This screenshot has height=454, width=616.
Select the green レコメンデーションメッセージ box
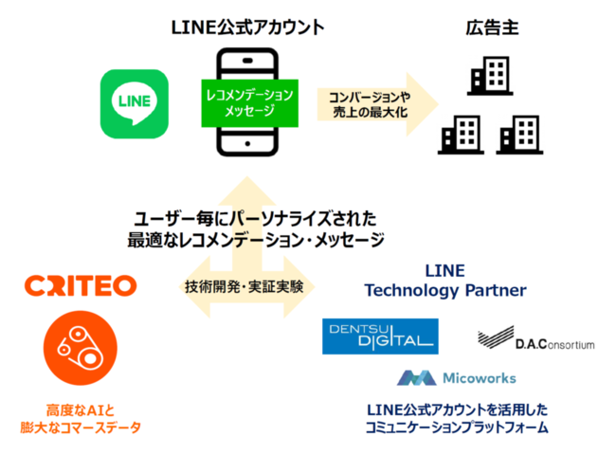point(252,103)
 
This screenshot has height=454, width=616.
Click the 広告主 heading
point(492,27)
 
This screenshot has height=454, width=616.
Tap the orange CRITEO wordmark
point(82,285)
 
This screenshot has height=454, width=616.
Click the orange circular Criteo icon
point(80,348)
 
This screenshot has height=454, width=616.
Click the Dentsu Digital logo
point(380,336)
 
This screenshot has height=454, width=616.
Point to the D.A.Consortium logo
point(536,338)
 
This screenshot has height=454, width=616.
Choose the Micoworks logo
point(458,377)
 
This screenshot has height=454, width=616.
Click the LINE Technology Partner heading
point(444,280)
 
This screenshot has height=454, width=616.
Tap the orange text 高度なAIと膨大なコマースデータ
point(80,418)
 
